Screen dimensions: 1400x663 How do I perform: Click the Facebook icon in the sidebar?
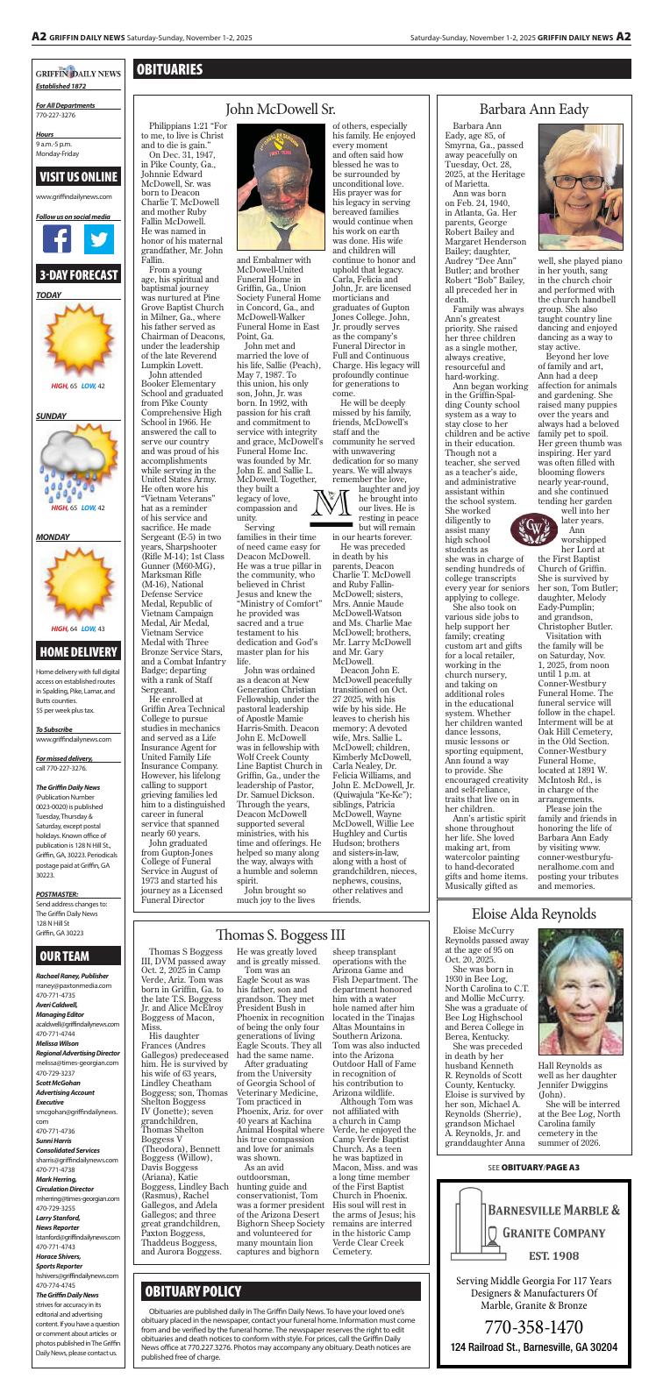pyautogui.click(x=57, y=239)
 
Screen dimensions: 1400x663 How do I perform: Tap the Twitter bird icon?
pyautogui.click(x=99, y=239)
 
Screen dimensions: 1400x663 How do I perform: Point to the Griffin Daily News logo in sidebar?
pyautogui.click(x=78, y=75)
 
